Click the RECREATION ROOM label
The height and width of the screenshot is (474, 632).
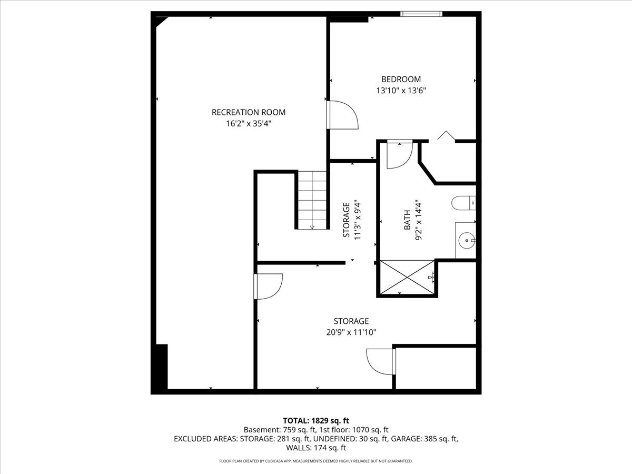click(x=248, y=112)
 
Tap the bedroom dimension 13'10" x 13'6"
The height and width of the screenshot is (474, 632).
click(x=401, y=90)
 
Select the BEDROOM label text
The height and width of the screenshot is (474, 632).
click(x=401, y=80)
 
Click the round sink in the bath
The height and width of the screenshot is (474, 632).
click(x=467, y=241)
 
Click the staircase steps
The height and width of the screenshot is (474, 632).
click(x=312, y=200)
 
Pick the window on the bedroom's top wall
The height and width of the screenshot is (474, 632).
click(x=421, y=14)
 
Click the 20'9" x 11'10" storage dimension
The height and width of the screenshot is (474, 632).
click(x=351, y=332)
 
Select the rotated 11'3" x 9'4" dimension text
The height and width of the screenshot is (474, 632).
click(x=358, y=221)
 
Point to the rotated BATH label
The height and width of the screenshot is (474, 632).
click(x=407, y=220)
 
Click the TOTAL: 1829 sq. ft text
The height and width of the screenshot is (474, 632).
click(x=316, y=420)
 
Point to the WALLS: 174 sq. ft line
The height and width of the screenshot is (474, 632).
click(x=316, y=448)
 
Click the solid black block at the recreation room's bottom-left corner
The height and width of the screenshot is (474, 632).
click(x=160, y=368)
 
